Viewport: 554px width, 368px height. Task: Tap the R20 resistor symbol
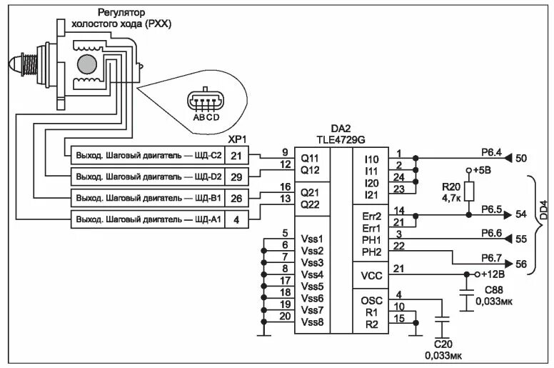(469, 192)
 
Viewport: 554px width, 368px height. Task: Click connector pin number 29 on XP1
(236, 176)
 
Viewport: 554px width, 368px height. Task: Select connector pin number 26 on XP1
(236, 197)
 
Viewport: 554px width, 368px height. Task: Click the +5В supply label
(483, 171)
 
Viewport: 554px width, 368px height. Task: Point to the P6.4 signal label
(492, 151)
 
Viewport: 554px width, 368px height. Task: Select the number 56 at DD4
(520, 264)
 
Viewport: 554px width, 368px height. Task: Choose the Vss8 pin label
(312, 322)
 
